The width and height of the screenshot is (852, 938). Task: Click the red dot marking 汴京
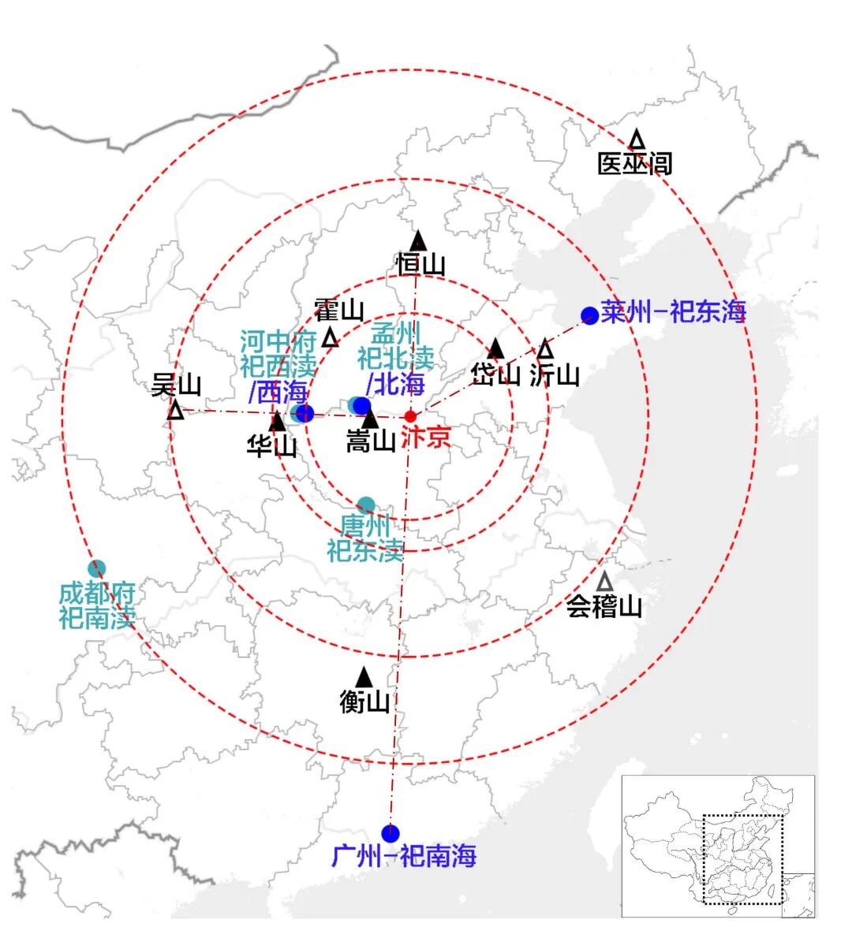pos(410,416)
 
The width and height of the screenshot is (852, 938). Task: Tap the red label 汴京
pos(427,437)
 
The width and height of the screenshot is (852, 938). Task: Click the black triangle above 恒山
pos(418,241)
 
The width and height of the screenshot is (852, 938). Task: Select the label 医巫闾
pos(634,164)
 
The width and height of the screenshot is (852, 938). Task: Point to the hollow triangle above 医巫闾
pos(636,140)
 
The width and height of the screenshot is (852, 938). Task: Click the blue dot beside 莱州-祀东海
pos(589,315)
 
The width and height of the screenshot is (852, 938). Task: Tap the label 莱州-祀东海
pos(673,311)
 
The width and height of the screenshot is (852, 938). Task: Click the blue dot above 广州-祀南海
pos(390,833)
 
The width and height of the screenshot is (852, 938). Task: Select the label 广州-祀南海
pos(404,855)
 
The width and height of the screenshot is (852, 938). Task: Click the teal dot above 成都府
pos(97,568)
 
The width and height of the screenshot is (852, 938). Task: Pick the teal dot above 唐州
pos(366,505)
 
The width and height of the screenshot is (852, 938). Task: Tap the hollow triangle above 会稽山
pos(604,582)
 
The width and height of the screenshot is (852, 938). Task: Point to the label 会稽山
pos(604,606)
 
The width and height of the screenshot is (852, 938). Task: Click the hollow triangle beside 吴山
pos(176,410)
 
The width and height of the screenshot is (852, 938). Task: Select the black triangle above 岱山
pos(495,348)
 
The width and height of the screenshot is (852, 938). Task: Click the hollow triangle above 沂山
pos(545,348)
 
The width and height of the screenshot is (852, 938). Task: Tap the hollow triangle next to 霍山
pos(331,337)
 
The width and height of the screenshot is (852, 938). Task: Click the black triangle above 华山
pos(277,422)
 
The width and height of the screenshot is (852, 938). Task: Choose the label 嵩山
pos(371,441)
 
